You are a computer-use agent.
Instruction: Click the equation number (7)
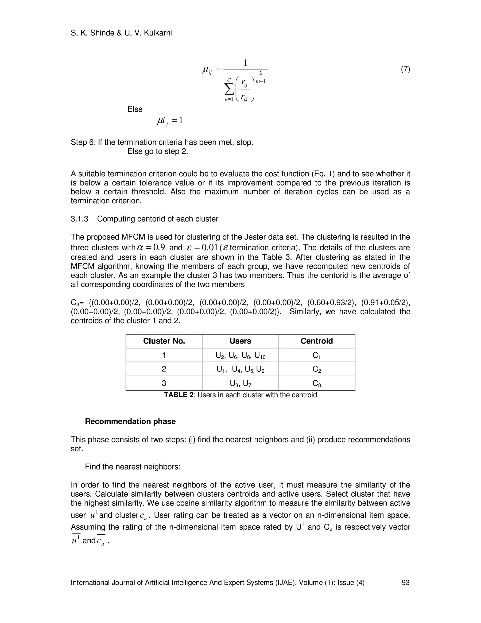click(405, 69)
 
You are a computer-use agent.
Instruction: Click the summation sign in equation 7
click(229, 90)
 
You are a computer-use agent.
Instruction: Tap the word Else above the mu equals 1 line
click(135, 109)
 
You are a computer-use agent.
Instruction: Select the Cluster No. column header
click(164, 341)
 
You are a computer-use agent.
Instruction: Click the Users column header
click(240, 341)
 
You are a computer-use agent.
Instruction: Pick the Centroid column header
click(317, 341)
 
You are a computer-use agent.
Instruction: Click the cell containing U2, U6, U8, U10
click(240, 355)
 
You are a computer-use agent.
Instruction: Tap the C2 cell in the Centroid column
click(317, 369)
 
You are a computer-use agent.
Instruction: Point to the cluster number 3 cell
click(164, 383)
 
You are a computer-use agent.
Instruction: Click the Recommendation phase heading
click(130, 421)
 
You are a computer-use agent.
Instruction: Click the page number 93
click(405, 583)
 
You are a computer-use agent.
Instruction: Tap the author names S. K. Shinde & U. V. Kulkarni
click(121, 33)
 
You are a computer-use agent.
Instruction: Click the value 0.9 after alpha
click(159, 247)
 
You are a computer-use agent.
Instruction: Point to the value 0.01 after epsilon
click(209, 247)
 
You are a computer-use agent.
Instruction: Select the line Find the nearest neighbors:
click(132, 467)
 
